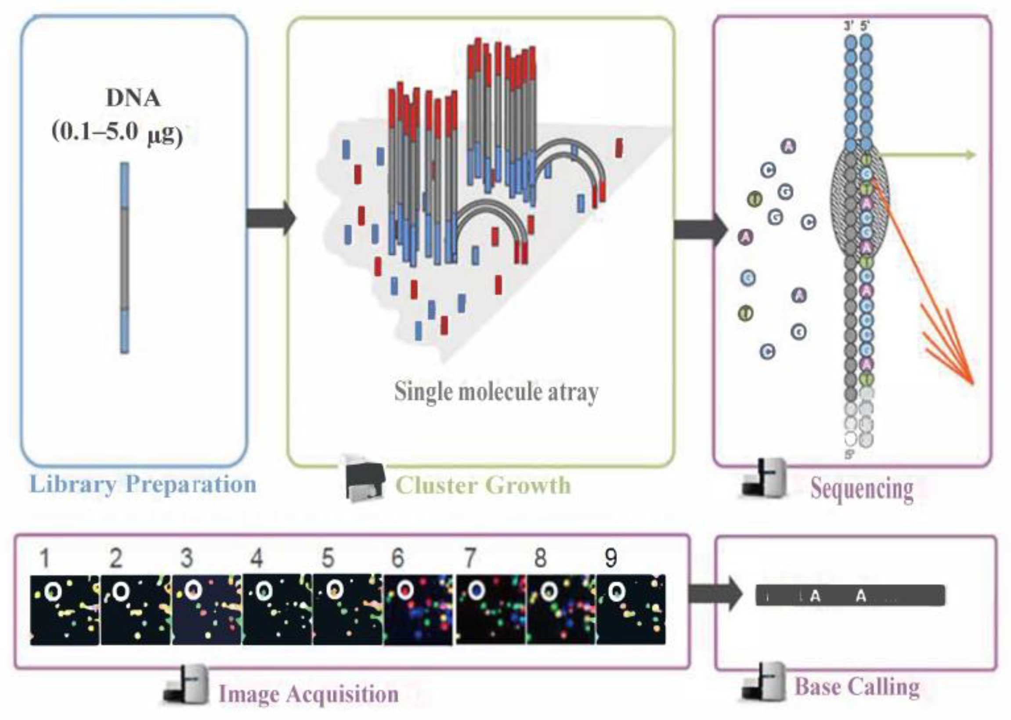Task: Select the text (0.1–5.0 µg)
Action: pyautogui.click(x=118, y=133)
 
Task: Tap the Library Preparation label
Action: pyautogui.click(x=143, y=484)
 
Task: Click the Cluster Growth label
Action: pyautogui.click(x=482, y=486)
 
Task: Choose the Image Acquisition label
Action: pyautogui.click(x=309, y=694)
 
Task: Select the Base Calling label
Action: pyautogui.click(x=857, y=687)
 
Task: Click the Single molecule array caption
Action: pyautogui.click(x=496, y=392)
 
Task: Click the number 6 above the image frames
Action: pyautogui.click(x=398, y=558)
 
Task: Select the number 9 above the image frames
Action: pyautogui.click(x=610, y=558)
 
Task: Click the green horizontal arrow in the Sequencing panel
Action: pyautogui.click(x=927, y=155)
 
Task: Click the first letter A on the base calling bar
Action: pyautogui.click(x=815, y=597)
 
